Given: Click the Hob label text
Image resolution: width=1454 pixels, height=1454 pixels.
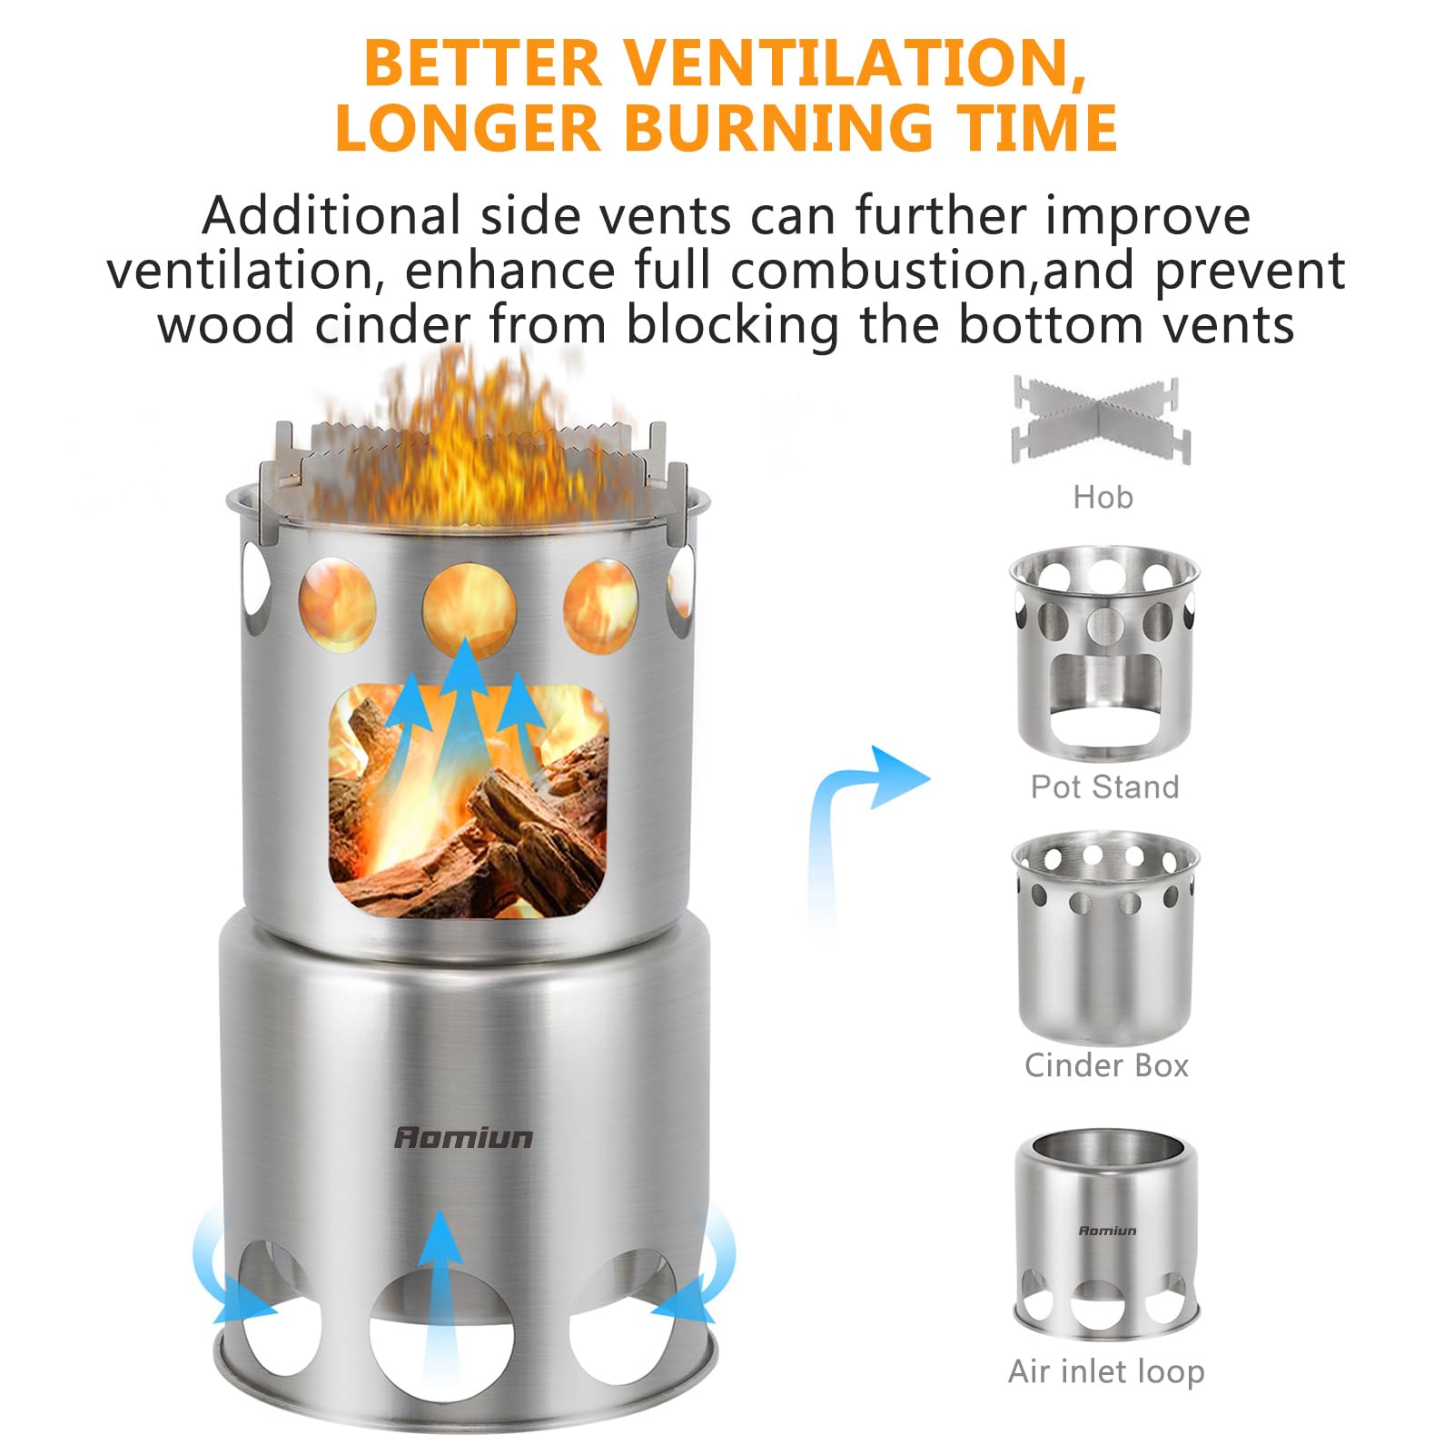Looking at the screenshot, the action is [1103, 497].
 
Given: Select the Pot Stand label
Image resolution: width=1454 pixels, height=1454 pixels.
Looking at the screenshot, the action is [1104, 786].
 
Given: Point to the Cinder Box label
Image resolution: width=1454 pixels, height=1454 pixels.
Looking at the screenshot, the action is [1106, 1064].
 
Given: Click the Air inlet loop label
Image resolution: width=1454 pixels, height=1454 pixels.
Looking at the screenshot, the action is [1106, 1370].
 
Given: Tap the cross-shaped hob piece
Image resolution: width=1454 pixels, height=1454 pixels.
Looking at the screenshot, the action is [1101, 420].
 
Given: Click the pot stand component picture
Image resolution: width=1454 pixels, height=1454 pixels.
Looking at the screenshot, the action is [1104, 654].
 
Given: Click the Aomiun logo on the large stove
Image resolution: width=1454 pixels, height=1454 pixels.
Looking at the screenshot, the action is [463, 1137].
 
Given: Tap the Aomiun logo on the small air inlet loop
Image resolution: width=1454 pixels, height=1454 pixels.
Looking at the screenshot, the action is [1107, 1231].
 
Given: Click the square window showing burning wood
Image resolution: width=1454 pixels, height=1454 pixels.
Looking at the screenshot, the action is [468, 799].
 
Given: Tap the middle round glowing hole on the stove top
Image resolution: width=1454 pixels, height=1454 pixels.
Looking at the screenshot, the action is [469, 607].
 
